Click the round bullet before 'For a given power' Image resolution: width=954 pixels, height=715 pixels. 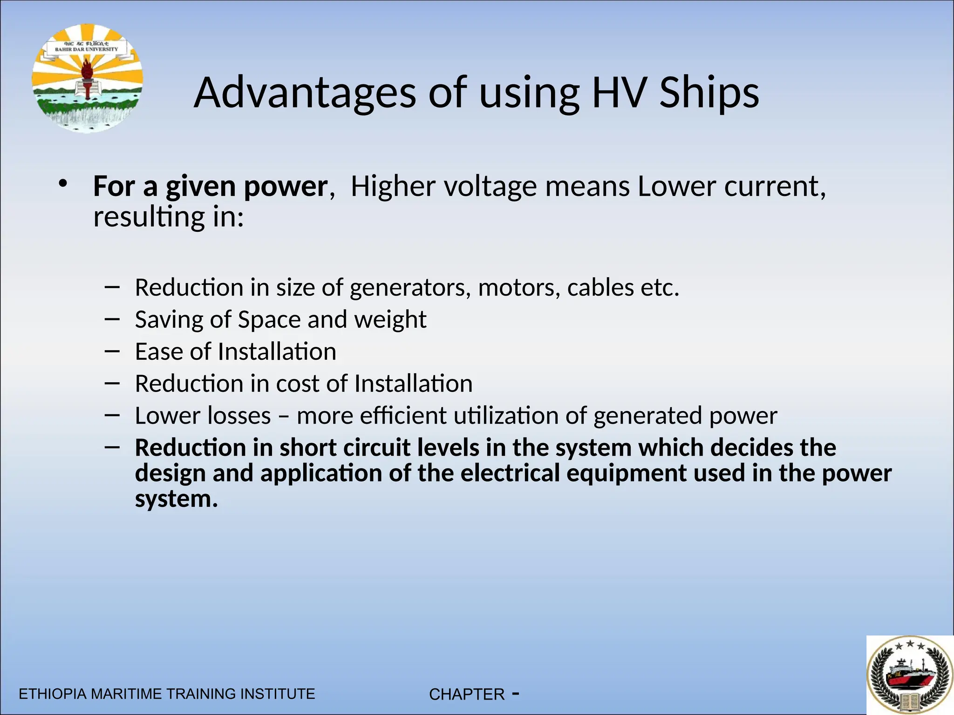tap(63, 184)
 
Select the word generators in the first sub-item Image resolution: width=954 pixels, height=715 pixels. tap(408, 288)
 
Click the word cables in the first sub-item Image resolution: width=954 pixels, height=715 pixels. tap(600, 288)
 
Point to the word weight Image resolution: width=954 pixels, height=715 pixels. tap(390, 320)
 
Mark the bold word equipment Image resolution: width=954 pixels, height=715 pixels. tap(627, 473)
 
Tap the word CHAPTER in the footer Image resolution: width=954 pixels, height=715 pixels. tap(467, 695)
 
